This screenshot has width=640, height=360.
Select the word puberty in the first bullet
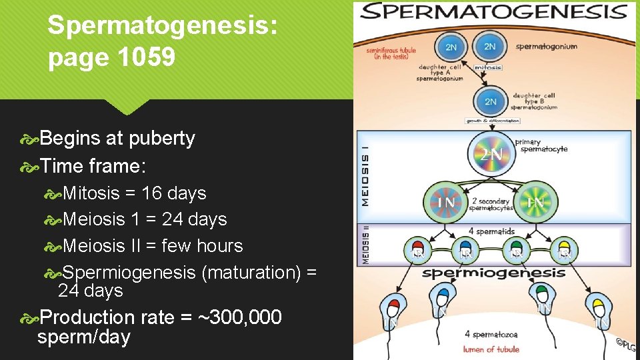click(162, 139)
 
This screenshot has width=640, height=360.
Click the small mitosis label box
click(488, 67)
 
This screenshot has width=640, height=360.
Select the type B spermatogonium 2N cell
click(490, 101)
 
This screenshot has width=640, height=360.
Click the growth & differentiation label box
click(492, 121)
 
